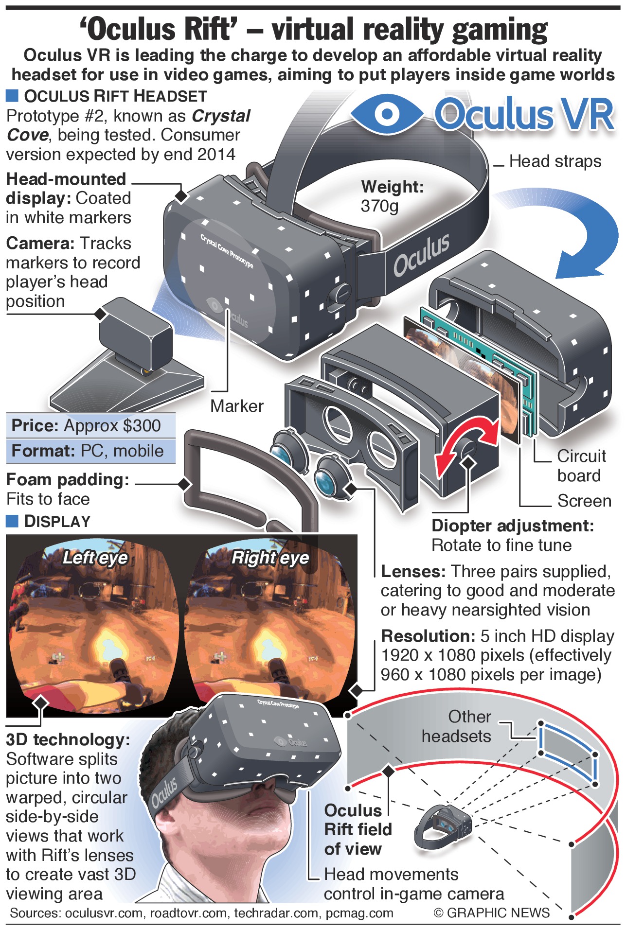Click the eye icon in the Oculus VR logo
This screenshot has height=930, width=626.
tap(387, 114)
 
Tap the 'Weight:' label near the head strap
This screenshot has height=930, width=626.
tap(392, 187)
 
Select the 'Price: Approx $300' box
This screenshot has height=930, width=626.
tap(90, 426)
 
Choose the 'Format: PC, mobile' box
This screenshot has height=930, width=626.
tap(90, 451)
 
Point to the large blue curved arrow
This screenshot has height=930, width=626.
tap(574, 233)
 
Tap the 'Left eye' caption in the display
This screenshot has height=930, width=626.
tap(95, 558)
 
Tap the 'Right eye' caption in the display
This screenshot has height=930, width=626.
tap(270, 558)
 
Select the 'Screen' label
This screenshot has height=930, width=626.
tap(584, 501)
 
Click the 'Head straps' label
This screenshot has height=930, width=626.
tap(555, 161)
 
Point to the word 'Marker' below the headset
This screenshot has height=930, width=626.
tap(236, 406)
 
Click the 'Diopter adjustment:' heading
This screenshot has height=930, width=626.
tap(513, 526)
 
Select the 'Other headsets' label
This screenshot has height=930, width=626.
tap(457, 726)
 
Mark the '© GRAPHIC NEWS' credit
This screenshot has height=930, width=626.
tap(491, 913)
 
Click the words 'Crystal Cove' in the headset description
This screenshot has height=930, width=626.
tap(128, 125)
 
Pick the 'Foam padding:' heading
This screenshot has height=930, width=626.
tap(68, 480)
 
